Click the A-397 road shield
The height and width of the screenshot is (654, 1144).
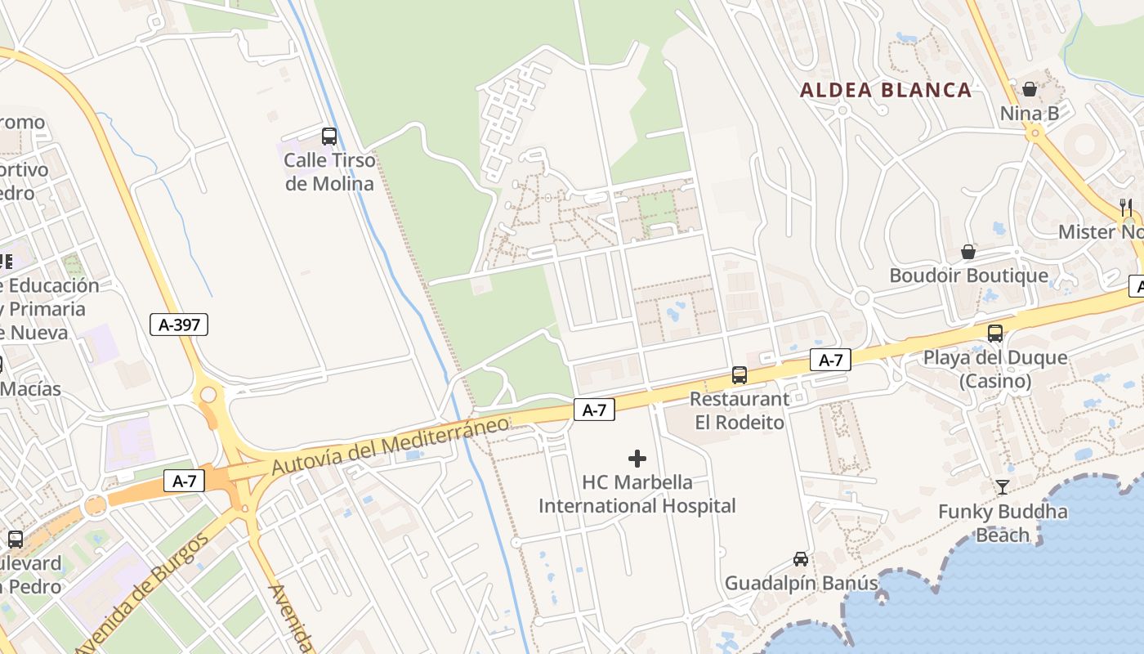coord(179,325)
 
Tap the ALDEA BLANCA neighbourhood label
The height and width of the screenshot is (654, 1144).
coord(886,90)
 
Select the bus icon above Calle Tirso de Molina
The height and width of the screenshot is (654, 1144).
coord(329,137)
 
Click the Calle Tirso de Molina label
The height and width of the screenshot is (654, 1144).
coord(329,172)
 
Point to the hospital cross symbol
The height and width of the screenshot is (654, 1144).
coord(637,459)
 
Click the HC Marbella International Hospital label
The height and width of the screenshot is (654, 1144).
coord(637,495)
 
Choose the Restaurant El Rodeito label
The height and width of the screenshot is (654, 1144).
coord(740,410)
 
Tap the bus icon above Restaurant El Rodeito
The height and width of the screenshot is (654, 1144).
coord(740,375)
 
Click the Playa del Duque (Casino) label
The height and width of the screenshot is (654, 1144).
coord(995,370)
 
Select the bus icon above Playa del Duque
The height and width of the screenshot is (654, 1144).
coord(995,334)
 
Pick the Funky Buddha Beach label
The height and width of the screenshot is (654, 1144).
coord(1003,523)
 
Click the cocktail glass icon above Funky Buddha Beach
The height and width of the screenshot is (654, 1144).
coord(1003,488)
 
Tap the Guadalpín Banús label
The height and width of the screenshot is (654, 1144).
coord(801,584)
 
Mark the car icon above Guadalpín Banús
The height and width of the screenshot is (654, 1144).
coord(801,559)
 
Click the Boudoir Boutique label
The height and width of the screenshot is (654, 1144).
coord(968,275)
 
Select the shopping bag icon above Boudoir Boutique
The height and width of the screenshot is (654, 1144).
coord(968,252)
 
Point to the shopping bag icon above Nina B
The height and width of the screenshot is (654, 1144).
coord(1030,89)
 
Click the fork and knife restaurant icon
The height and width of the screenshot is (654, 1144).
coord(1126,208)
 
